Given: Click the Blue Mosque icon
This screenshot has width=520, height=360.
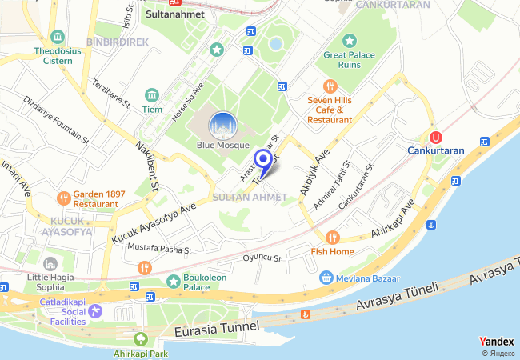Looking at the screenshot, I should [223, 126].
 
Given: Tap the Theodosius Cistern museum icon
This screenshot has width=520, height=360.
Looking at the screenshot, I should [57, 37].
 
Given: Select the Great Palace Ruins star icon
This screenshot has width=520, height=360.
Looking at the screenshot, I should [349, 41].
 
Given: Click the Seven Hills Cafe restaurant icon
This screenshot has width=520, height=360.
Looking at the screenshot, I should [330, 86].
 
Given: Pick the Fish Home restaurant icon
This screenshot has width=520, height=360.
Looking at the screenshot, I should [333, 237].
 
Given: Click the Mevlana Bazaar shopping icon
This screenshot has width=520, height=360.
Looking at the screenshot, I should [326, 278].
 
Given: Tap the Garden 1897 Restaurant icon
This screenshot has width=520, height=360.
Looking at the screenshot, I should [63, 198].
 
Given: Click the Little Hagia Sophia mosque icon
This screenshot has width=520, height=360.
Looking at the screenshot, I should [50, 263].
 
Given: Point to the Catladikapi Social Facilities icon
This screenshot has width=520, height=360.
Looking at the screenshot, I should [96, 310].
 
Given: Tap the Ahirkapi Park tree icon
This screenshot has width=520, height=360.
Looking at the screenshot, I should [142, 339].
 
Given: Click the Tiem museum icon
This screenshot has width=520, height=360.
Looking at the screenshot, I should [151, 95].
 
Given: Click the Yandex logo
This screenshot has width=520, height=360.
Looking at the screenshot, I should [497, 341].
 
